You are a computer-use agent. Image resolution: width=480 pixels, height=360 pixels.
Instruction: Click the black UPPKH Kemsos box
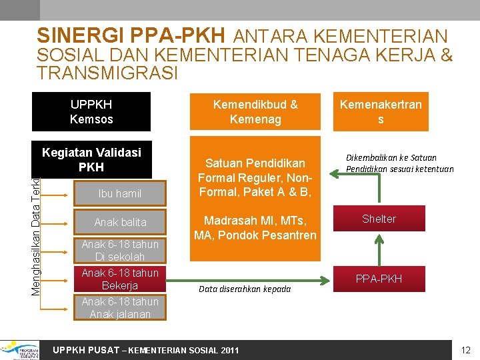pos(91,112)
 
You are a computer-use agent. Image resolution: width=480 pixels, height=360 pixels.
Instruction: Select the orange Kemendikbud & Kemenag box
pos(255,112)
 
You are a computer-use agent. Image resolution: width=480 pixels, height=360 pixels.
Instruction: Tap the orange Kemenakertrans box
pos(380,112)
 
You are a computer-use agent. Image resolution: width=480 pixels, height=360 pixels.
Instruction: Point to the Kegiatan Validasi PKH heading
pos(91,159)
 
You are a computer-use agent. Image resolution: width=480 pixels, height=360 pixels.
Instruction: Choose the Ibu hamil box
pos(120,194)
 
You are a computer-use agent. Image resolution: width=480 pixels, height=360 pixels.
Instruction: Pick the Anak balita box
pos(120,222)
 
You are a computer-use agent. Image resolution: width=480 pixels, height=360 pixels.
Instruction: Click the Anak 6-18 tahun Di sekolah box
pos(120,251)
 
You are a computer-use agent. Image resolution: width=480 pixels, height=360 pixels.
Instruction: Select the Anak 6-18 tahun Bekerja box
pos(120,279)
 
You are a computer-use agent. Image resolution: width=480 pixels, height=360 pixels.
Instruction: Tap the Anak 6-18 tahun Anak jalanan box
pos(120,308)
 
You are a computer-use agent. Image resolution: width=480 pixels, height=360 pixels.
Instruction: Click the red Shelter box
pos(379,219)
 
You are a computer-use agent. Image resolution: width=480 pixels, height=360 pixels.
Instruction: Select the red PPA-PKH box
pos(379,279)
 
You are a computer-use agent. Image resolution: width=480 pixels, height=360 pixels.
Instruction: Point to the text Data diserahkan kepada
pos(245,289)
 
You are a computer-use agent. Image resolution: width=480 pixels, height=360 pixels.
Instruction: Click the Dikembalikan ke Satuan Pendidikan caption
pos(399,163)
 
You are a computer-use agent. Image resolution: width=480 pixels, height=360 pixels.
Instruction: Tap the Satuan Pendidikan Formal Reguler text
pos(255,177)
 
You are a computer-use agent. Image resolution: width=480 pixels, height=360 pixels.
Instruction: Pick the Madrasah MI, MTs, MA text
pos(255,228)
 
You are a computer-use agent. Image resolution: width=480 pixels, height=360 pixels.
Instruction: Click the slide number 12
pos(465,350)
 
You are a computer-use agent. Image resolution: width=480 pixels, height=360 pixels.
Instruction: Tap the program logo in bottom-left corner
pos(20,349)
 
